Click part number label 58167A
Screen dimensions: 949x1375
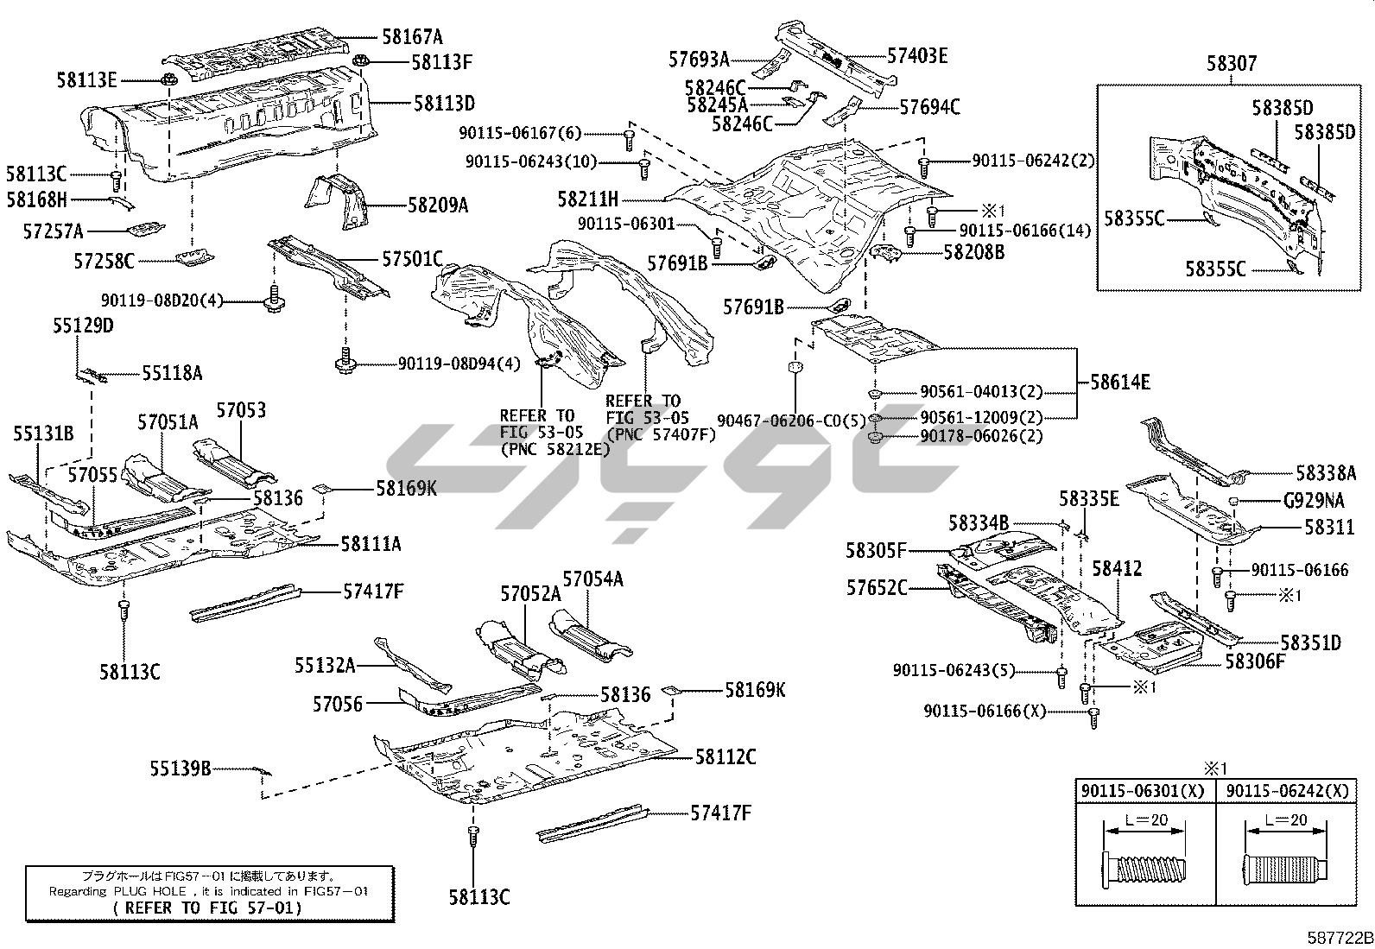[412, 36]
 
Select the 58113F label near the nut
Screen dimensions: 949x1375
[441, 62]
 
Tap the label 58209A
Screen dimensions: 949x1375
[438, 206]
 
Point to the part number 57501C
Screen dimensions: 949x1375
[412, 259]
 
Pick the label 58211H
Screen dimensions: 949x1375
[587, 199]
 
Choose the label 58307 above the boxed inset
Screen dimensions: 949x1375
[1232, 63]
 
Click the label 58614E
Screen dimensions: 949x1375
[1119, 382]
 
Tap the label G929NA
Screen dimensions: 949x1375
[1314, 501]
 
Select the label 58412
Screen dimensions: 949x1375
[1117, 568]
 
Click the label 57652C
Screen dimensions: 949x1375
[877, 588]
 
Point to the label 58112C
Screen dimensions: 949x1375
[726, 757]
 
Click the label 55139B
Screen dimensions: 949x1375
[180, 768]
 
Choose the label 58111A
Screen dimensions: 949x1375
[370, 544]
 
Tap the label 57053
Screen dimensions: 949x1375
[241, 411]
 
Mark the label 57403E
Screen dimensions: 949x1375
[917, 56]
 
